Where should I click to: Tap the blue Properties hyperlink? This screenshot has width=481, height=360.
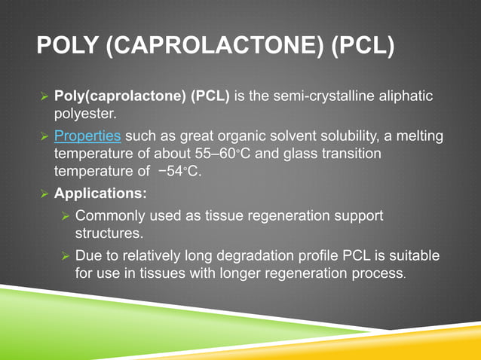point(87,137)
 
